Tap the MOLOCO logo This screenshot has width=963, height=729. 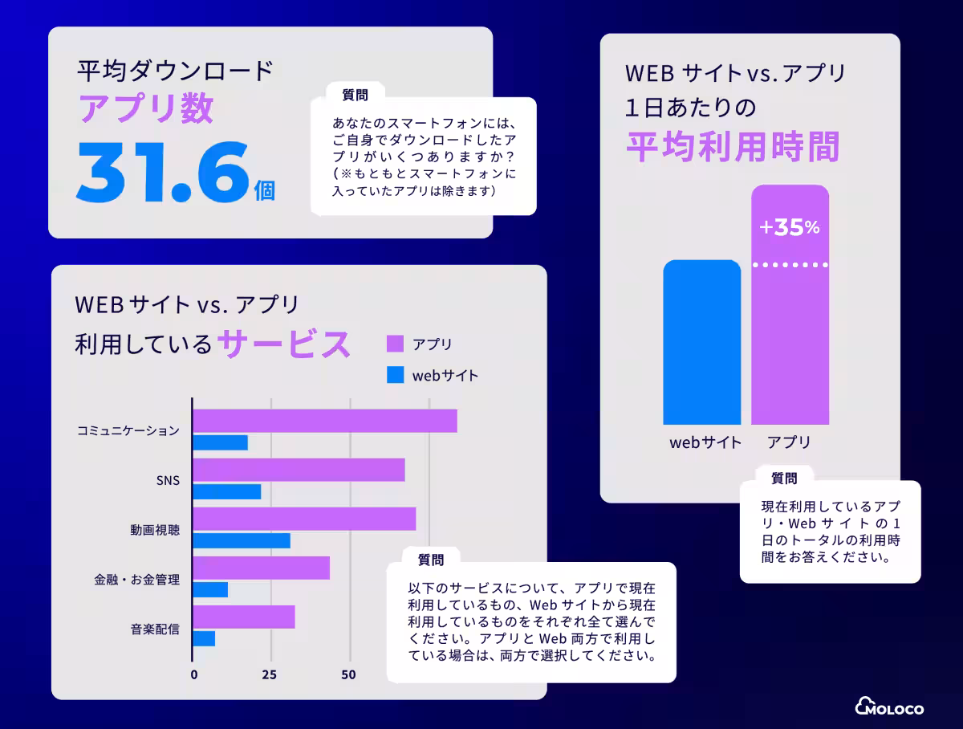click(889, 707)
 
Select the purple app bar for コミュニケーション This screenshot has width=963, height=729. click(325, 421)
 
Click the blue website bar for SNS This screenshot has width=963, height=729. click(227, 491)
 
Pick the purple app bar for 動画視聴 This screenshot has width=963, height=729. click(304, 519)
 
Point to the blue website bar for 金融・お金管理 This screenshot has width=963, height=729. click(210, 589)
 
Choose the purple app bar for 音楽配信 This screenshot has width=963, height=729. click(244, 617)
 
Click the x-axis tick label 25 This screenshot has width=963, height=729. click(270, 674)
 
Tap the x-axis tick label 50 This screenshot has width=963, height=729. click(348, 674)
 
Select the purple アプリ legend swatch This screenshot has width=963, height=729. click(395, 344)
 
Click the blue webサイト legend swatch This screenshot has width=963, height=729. click(395, 375)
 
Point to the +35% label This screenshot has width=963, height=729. click(790, 228)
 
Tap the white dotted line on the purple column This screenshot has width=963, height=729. click(790, 264)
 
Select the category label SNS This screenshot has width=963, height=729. click(168, 481)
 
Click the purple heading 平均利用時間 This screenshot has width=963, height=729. click(732, 147)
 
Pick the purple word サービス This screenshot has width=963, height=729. click(285, 344)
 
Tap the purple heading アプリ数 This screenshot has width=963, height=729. click(145, 108)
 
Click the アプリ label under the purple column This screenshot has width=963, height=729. click(789, 442)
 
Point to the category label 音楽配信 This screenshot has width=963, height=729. click(155, 629)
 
